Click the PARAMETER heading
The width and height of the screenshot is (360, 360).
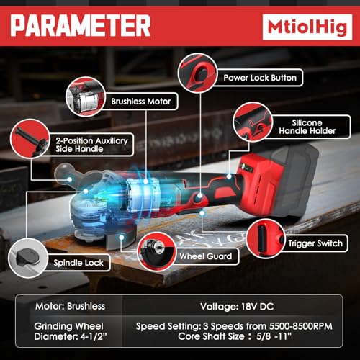[x=81, y=25]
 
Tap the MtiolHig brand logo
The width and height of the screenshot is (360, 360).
[x=307, y=27]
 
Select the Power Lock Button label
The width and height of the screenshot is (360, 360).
[x=260, y=78]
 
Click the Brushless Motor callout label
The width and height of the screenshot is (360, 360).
[x=141, y=102]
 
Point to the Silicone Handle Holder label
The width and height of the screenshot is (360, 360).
[x=307, y=127]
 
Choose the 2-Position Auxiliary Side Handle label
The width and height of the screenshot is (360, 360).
[x=91, y=145]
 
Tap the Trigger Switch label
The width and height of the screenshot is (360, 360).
[x=315, y=243]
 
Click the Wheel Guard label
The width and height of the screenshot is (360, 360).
[x=206, y=256]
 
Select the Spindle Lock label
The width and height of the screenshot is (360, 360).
[x=78, y=263]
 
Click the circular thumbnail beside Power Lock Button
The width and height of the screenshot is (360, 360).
[x=197, y=73]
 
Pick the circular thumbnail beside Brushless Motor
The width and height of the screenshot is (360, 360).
[x=86, y=96]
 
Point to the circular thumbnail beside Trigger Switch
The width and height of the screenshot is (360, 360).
[x=266, y=239]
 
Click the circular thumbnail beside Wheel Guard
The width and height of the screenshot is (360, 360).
[x=157, y=252]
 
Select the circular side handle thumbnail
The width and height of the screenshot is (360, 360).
[x=30, y=139]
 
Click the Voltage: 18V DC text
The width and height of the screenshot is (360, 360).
[x=237, y=307]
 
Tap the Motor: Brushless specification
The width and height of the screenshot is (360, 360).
[x=70, y=306]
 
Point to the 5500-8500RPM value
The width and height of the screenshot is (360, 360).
[x=301, y=326]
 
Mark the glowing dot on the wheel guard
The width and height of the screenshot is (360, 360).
[x=122, y=238]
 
